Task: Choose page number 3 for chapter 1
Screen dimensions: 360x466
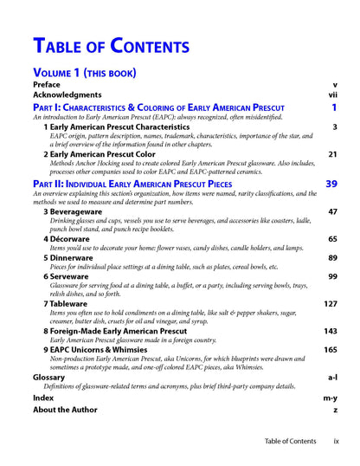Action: coord(334,126)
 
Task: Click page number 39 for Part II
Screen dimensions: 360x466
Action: coord(331,184)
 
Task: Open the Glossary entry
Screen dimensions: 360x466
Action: coord(48,378)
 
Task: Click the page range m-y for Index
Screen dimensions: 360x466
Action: coord(331,397)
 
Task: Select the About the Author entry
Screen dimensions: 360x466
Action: coord(67,410)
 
